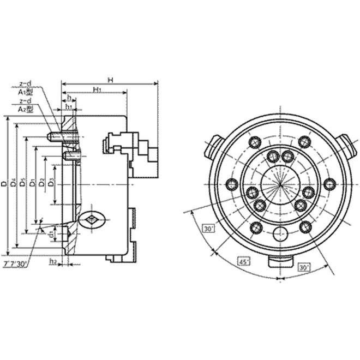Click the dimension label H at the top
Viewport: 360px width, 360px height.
click(110, 80)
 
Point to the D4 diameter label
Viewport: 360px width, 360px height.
click(14, 185)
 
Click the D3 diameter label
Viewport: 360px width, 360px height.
click(51, 182)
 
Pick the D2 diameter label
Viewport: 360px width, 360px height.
click(41, 183)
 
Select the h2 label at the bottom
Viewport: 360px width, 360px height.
click(53, 262)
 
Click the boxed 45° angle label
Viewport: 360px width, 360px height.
click(245, 262)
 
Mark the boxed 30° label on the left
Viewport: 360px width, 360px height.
click(208, 229)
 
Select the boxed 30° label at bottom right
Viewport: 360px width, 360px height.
click(304, 267)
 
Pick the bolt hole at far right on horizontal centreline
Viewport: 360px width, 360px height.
click(329, 184)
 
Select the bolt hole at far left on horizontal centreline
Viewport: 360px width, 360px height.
click(231, 184)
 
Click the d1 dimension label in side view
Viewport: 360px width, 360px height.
click(51, 235)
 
